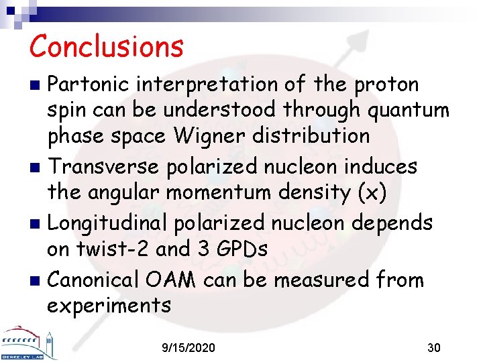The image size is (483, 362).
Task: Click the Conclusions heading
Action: pos(106,46)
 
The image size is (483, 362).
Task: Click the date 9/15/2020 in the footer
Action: pos(189,348)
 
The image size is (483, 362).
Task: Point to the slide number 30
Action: pos(434,348)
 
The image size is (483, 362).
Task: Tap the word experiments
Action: pos(109,305)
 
